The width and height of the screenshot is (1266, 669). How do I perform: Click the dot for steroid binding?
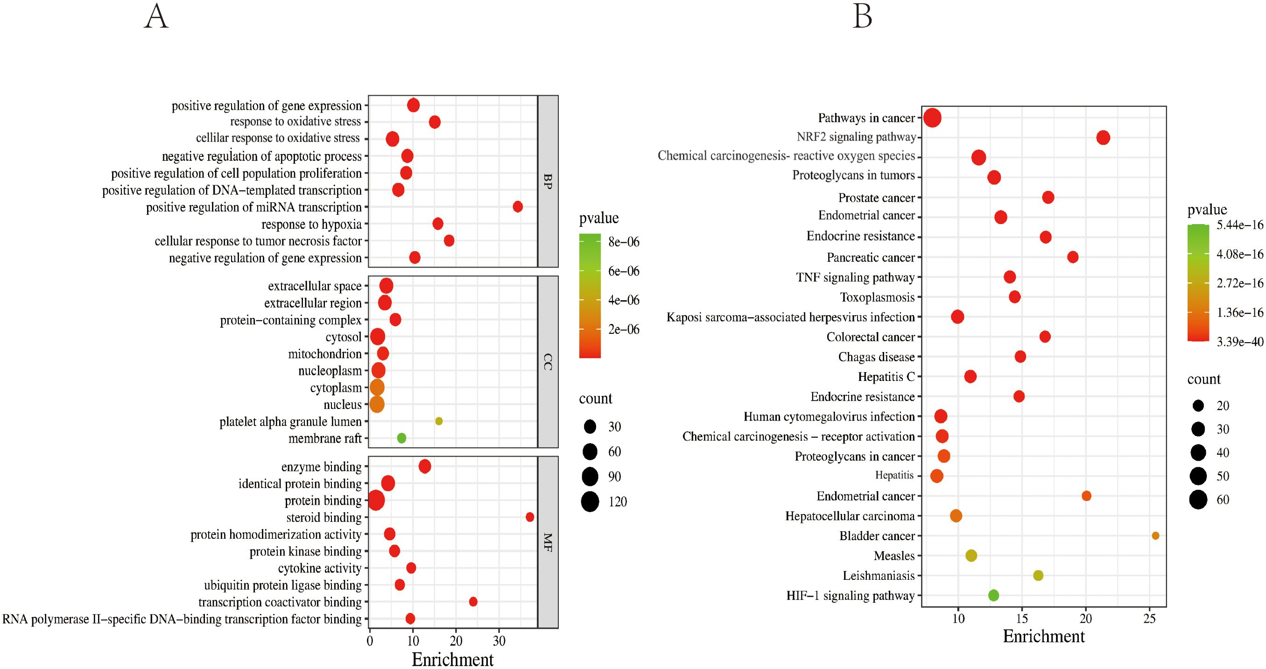click(x=530, y=517)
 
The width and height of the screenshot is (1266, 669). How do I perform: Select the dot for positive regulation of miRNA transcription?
click(x=518, y=207)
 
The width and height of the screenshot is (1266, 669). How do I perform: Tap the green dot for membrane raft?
click(x=401, y=438)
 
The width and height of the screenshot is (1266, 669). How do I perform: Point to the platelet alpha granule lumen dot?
click(x=439, y=421)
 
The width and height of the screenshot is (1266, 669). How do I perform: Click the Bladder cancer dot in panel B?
click(x=1155, y=536)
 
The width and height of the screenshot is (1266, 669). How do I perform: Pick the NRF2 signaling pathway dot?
click(x=1104, y=138)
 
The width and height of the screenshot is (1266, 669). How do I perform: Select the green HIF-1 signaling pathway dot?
click(x=994, y=595)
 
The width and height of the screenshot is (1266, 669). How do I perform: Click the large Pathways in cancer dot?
click(x=932, y=118)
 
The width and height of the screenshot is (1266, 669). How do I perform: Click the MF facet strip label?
click(x=548, y=542)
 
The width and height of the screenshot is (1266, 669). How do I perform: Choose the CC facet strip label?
click(x=548, y=362)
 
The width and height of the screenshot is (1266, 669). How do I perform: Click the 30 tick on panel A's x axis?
click(x=499, y=641)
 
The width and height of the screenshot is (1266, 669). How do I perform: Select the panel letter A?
click(x=156, y=17)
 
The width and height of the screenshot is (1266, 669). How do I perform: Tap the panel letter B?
click(x=863, y=17)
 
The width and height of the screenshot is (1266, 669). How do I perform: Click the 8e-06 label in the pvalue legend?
click(x=624, y=242)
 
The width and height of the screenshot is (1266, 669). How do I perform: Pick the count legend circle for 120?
click(x=590, y=501)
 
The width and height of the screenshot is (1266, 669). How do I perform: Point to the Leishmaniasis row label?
click(x=878, y=576)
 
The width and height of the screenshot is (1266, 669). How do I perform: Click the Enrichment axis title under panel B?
click(x=1043, y=637)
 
